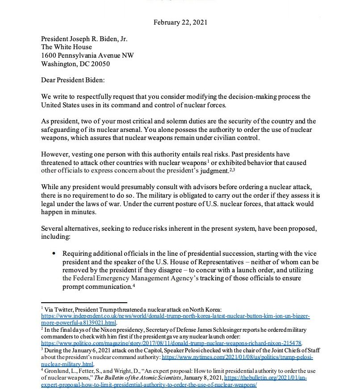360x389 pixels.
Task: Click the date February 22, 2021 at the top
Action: pyautogui.click(x=180, y=22)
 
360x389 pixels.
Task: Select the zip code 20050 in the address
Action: pyautogui.click(x=100, y=64)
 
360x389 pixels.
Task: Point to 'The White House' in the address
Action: pyautogui.click(x=67, y=47)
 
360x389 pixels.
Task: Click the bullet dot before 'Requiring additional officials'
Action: pyautogui.click(x=54, y=254)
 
